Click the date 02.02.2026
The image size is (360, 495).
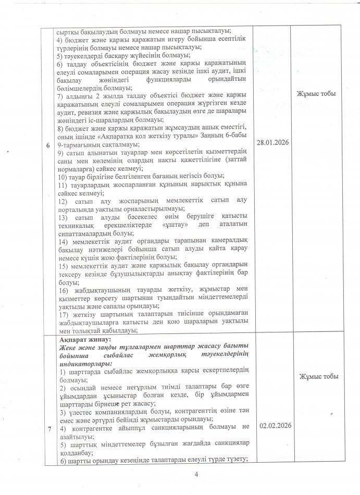tap(274, 425)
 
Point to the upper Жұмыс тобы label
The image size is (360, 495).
tap(316, 94)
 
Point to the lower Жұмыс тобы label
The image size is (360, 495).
tap(316, 376)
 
